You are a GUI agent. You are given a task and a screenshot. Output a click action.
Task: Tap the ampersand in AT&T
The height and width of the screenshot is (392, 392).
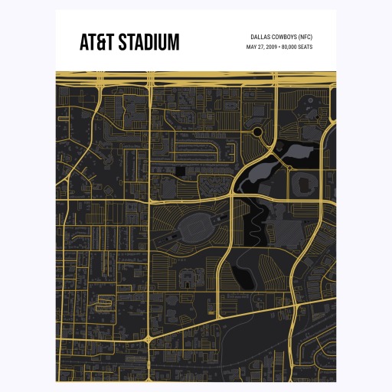[96, 42]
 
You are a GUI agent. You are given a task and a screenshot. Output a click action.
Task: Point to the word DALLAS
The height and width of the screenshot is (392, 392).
[260, 37]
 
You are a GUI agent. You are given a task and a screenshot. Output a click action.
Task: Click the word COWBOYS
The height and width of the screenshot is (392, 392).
[286, 37]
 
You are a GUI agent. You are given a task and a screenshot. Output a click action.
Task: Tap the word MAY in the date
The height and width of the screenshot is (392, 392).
[251, 47]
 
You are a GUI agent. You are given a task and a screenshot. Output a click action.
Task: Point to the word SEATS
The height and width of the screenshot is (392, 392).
[305, 47]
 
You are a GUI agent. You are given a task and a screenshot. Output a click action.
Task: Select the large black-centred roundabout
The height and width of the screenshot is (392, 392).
[258, 132]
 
